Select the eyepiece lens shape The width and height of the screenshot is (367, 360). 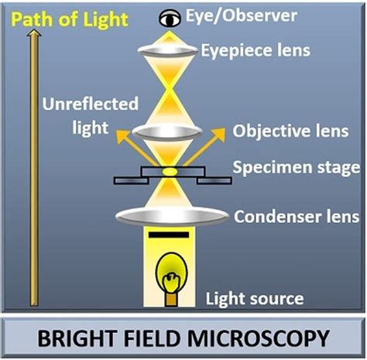[167, 50]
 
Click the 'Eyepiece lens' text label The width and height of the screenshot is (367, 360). [256, 50]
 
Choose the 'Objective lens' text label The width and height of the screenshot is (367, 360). [281, 131]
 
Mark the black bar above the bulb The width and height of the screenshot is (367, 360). [168, 235]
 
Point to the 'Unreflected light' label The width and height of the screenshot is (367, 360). [101, 115]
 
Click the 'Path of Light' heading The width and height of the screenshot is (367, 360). [68, 19]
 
